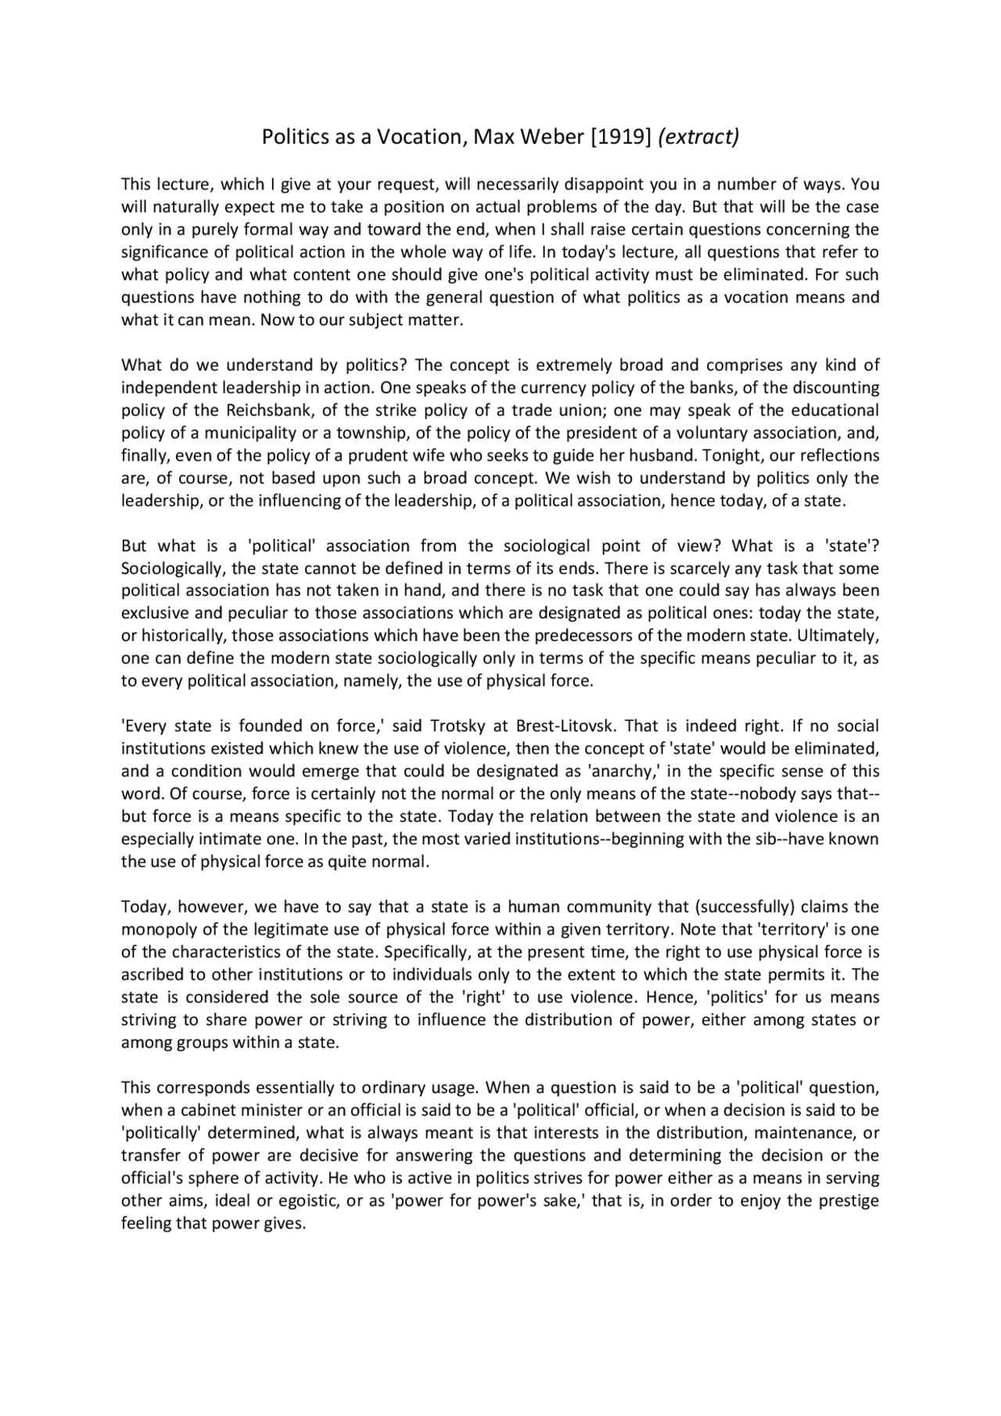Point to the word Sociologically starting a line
coord(171,568)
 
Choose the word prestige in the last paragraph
coord(849,1201)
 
